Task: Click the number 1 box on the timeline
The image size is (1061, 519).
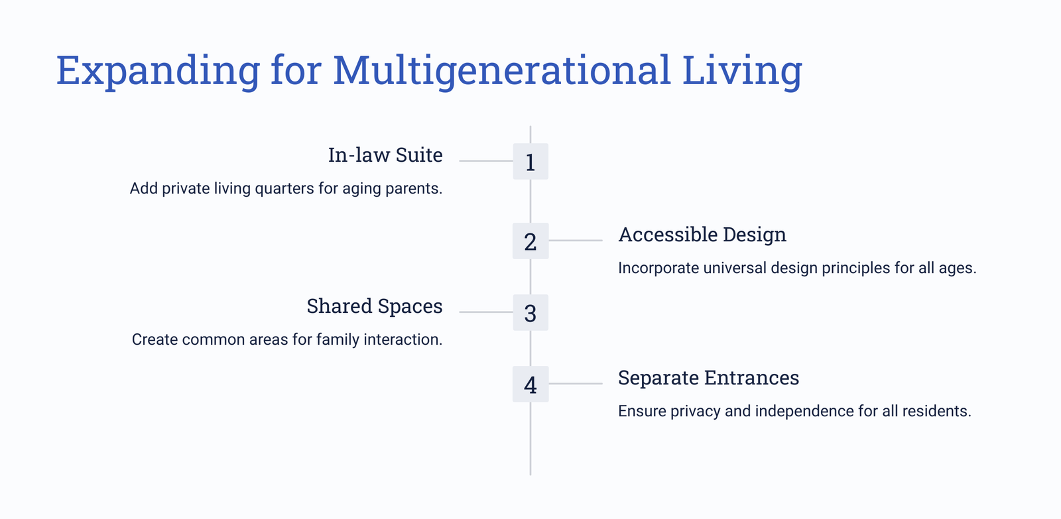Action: tap(530, 162)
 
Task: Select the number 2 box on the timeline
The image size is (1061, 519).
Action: tap(530, 241)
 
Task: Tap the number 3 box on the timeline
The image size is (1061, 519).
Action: tap(530, 313)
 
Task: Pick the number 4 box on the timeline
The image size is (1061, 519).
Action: tap(530, 384)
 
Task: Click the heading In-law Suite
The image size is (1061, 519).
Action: tap(385, 155)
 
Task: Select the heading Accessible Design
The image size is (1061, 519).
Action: tap(702, 235)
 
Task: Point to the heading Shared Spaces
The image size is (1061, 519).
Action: tap(374, 306)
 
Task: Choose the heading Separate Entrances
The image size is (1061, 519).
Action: tap(709, 377)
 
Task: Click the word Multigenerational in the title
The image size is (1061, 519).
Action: tap(502, 71)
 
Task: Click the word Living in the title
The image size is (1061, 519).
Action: tap(742, 71)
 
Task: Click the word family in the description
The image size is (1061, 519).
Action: tap(338, 339)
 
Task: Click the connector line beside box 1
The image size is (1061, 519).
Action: tap(486, 161)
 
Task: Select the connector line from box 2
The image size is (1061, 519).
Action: tap(576, 241)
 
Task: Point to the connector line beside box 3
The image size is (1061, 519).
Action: tap(486, 312)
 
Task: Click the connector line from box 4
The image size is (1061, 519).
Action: tap(576, 384)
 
